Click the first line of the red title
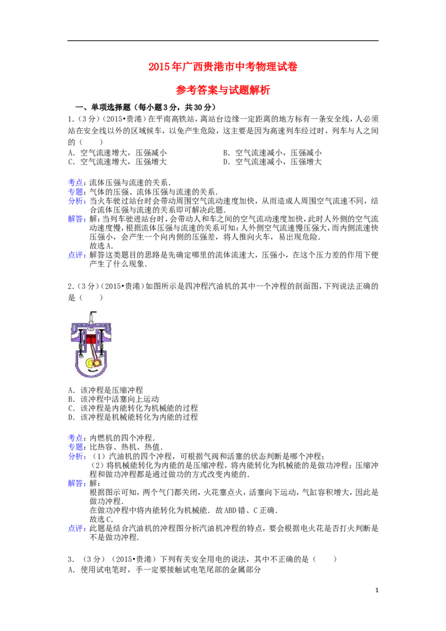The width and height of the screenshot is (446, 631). point(223,67)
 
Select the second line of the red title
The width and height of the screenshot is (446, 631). point(223,91)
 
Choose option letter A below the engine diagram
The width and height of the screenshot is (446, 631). point(71,389)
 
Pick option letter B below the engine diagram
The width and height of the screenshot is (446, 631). point(71,399)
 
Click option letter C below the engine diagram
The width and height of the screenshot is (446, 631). point(71,407)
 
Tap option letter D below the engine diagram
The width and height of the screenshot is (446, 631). point(71,416)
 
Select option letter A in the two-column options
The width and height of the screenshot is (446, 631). point(71,152)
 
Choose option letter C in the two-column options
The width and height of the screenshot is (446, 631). point(71,161)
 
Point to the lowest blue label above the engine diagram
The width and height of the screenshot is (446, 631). point(77,255)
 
